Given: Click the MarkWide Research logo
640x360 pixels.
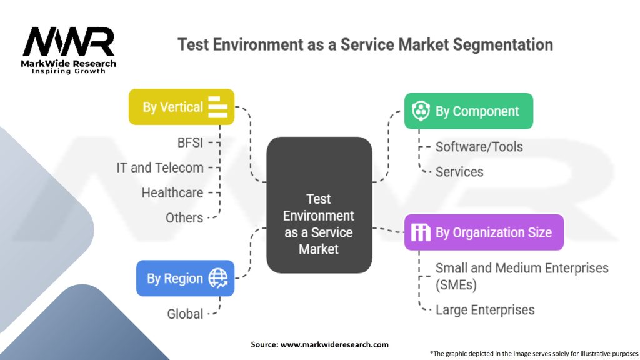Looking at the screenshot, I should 69,49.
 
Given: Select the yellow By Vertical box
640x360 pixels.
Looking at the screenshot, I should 181,107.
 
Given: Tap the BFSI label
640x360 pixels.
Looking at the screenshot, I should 190,142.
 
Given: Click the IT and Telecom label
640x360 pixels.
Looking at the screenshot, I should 160,167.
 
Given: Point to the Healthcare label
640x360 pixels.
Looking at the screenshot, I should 172,192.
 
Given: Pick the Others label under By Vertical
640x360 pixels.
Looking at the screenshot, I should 184,217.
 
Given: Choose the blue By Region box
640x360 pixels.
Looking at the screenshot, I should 185,278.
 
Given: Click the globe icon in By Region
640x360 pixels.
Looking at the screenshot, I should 218,277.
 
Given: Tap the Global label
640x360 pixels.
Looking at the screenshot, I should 185,314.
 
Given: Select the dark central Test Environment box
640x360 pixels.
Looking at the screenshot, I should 319,205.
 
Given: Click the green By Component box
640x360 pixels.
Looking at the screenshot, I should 468,111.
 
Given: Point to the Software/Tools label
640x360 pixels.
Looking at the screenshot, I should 479,147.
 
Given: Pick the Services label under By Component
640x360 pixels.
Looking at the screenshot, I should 459,172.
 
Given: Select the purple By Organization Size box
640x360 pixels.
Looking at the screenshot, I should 484,232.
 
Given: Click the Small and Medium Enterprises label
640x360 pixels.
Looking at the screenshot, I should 521,276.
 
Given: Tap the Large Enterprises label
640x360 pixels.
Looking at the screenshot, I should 485,309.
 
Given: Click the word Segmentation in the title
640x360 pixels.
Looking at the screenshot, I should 501,45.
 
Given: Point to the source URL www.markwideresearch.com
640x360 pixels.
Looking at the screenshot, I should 334,344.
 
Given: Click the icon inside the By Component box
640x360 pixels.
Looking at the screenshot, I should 420,111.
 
